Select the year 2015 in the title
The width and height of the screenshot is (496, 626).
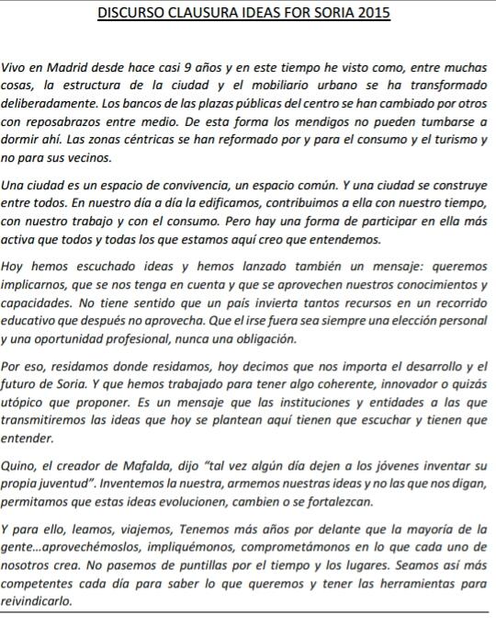(370, 13)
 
